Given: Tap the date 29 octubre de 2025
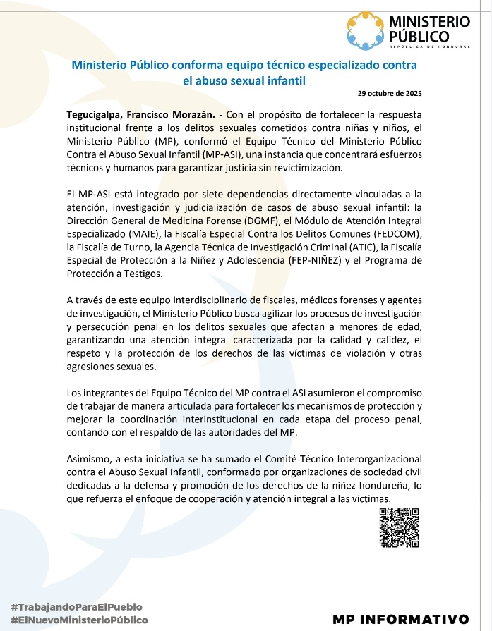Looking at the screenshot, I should pos(390,93).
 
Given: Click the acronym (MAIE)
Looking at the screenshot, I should pos(144,233).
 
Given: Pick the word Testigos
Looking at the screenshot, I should pos(141,274).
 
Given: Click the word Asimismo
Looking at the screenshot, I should pos(89,458).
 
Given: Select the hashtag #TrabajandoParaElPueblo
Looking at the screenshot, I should pos(76,606).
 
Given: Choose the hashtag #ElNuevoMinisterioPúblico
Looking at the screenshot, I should pos(79,620).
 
